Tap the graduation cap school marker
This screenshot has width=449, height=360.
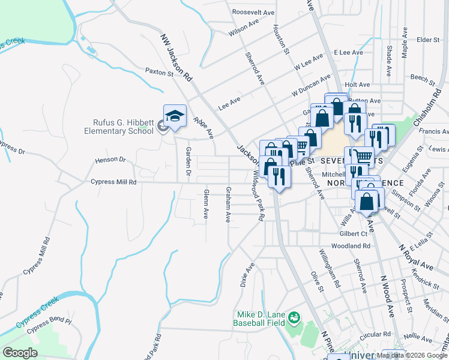[x=175, y=116]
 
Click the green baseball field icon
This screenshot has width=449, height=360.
[x=294, y=316]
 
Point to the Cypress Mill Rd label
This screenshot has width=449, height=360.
[x=113, y=182]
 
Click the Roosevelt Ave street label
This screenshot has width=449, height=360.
[x=253, y=12]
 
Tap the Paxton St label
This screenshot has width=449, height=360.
[x=159, y=71]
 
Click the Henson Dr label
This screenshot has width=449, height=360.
[x=110, y=160]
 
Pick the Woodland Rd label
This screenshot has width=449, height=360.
[x=350, y=246]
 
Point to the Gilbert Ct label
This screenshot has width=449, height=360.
[x=353, y=233]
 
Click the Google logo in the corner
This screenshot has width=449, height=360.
[x=20, y=353]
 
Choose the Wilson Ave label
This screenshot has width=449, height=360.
[x=243, y=28]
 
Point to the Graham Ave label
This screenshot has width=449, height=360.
[x=228, y=204]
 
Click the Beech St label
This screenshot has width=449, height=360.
[x=423, y=78]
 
